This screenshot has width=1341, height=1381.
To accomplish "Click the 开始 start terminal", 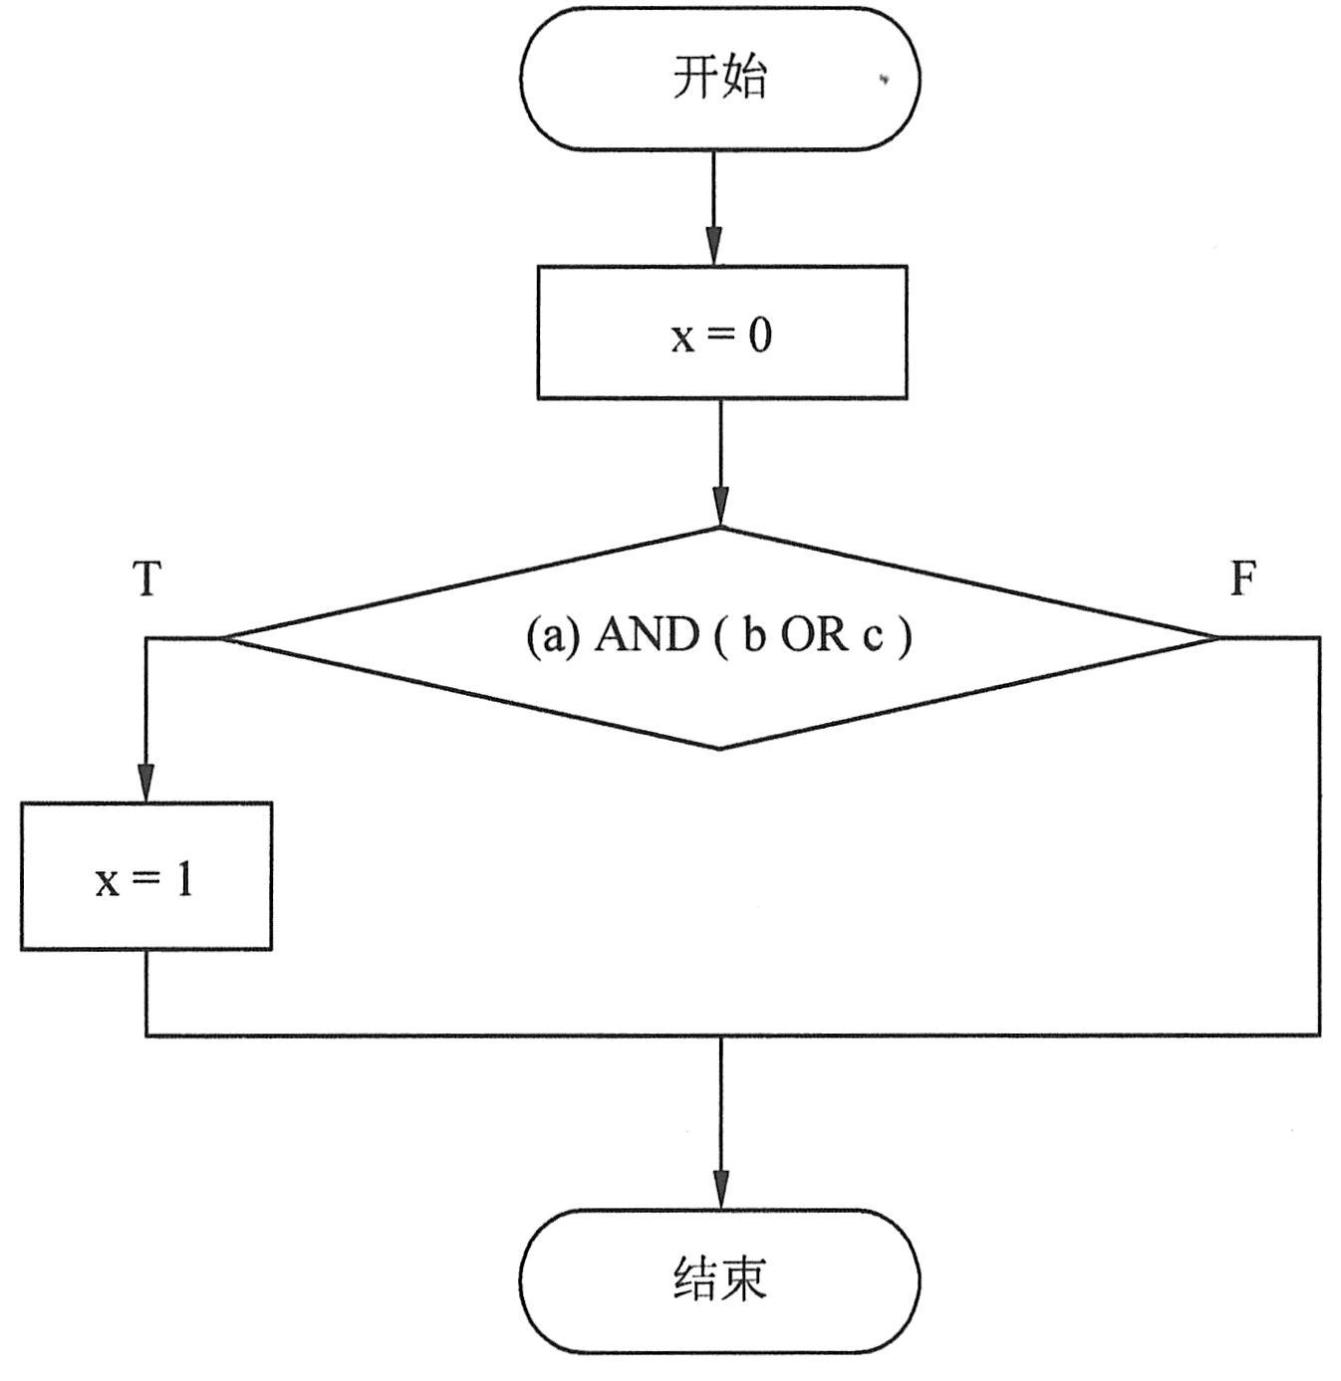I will (x=719, y=79).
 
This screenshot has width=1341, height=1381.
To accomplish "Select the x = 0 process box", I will (x=721, y=333).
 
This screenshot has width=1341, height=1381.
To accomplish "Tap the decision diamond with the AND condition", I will (x=719, y=687).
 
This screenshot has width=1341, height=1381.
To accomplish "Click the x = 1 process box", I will (x=146, y=876).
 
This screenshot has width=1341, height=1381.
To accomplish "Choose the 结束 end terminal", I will (x=719, y=1280).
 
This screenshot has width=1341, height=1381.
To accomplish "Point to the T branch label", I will (x=147, y=578).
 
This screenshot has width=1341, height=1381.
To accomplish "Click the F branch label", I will (x=1242, y=578).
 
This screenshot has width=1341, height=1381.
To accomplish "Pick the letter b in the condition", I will (x=754, y=635).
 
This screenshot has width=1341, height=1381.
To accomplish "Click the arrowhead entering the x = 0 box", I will (x=714, y=247).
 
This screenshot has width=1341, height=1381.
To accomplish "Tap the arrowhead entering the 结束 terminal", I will (x=719, y=1191).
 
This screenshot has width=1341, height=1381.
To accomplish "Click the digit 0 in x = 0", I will (x=759, y=336).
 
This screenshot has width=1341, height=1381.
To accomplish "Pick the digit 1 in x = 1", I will (x=184, y=879).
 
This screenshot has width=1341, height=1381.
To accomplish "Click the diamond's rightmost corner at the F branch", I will (x=1215, y=637).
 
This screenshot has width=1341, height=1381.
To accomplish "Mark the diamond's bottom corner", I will (x=719, y=747).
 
